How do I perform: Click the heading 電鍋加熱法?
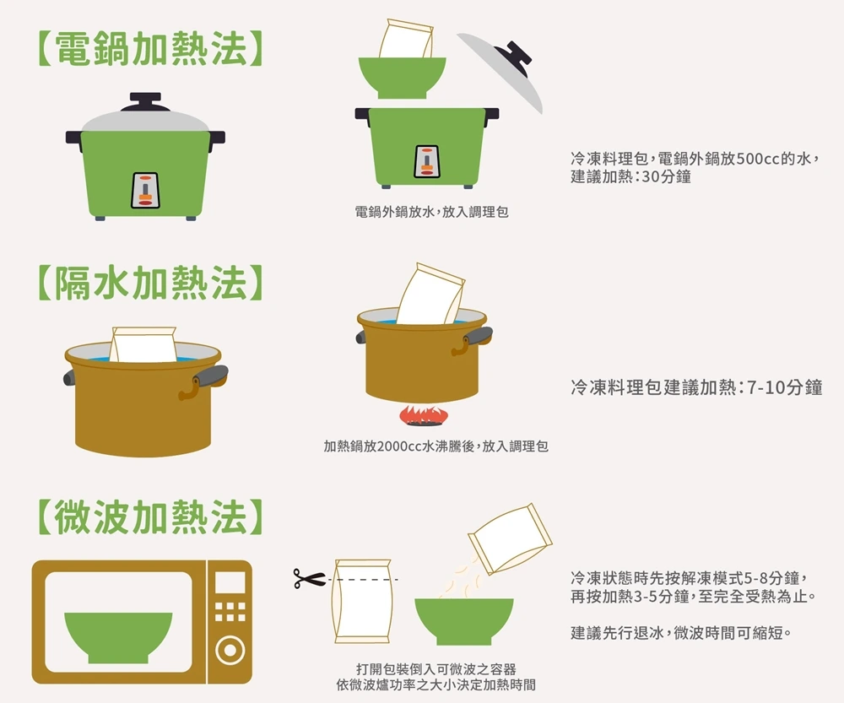tap(150, 49)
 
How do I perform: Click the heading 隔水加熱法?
tap(150, 283)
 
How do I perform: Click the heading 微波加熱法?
tap(150, 516)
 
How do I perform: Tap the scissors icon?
tap(309, 579)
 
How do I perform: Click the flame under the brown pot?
tap(423, 415)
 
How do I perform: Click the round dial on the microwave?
tap(230, 650)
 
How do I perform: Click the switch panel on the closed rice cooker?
tap(145, 191)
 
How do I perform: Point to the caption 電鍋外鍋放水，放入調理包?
tap(431, 212)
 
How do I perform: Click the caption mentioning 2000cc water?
tap(436, 446)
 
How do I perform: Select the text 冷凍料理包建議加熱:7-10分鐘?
tap(696, 387)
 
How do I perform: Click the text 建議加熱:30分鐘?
tap(630, 176)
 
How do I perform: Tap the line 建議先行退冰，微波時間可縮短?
tap(681, 633)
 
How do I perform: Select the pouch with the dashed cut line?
tap(362, 601)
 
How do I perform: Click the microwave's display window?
tap(230, 582)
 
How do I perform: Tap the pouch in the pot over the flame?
tap(430, 294)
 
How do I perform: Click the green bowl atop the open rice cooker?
tap(402, 78)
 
